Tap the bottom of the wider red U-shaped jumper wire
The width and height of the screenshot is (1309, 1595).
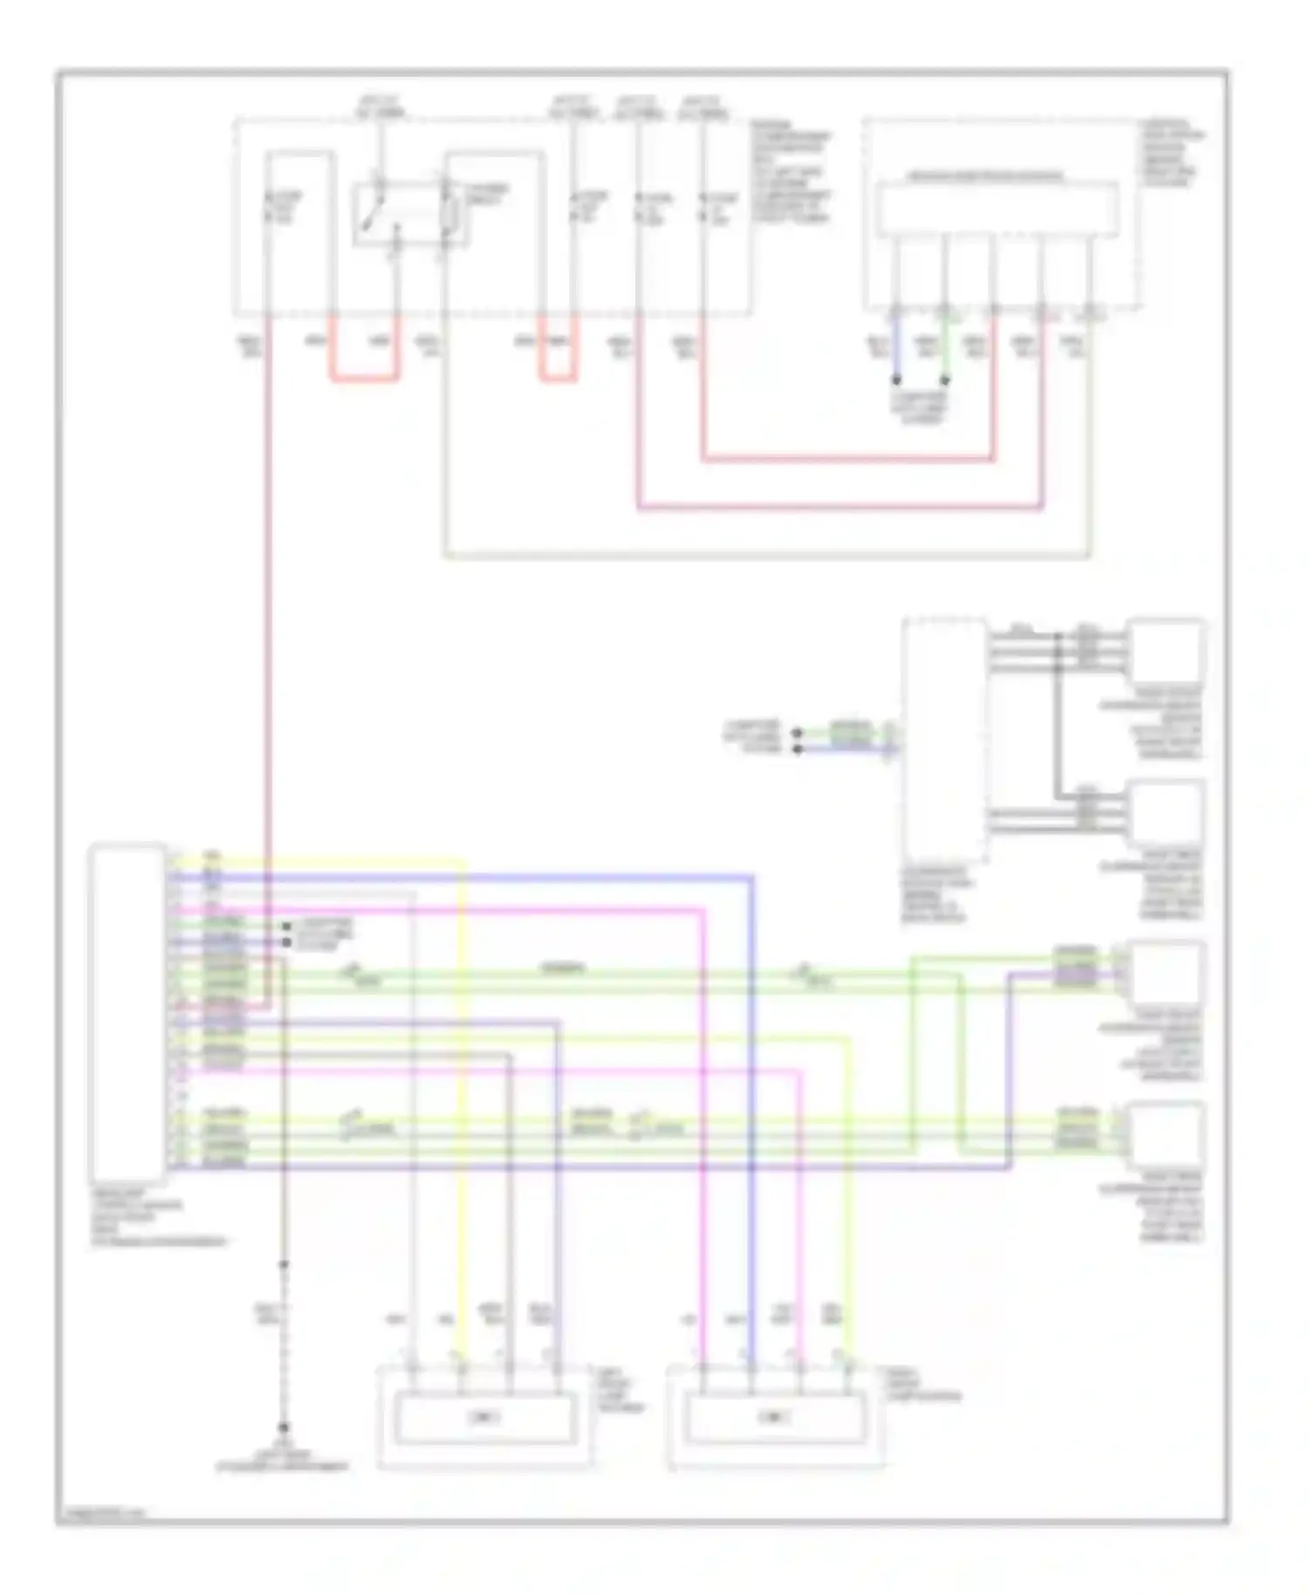(364, 380)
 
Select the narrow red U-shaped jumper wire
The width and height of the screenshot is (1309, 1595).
(558, 379)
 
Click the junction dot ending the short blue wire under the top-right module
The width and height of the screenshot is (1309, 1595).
(896, 380)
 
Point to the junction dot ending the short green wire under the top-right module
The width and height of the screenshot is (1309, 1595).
(945, 380)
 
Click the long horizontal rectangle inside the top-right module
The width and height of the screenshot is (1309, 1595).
(997, 209)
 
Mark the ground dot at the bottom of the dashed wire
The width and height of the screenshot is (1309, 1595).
(283, 1428)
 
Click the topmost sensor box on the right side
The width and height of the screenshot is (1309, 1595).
(1165, 650)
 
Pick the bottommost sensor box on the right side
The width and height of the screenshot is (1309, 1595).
(1165, 1134)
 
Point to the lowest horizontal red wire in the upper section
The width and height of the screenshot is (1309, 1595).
(838, 506)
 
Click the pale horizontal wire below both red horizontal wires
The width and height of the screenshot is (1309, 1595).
(768, 555)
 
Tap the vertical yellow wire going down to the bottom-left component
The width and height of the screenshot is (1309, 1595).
(463, 1134)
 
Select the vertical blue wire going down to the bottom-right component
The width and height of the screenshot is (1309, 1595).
(751, 1134)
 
